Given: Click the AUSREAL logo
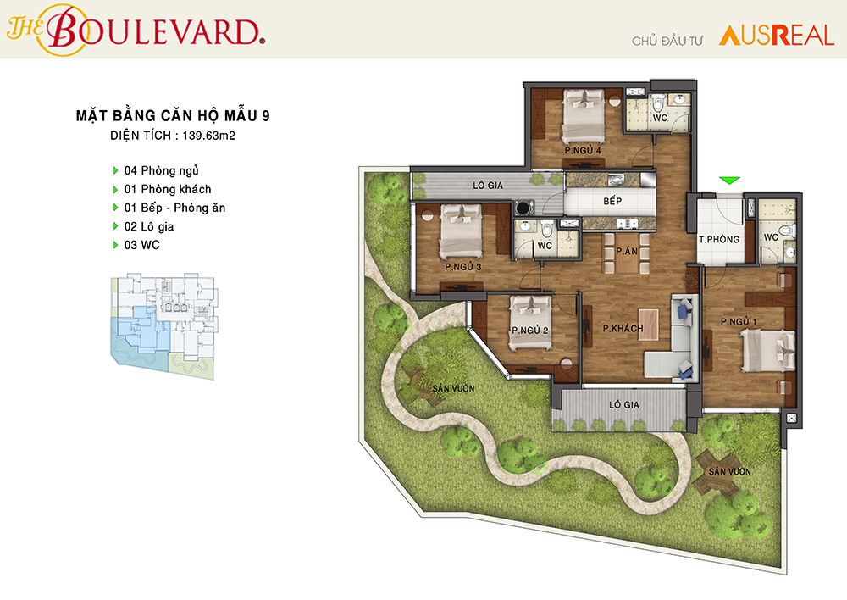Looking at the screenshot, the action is click(776, 36).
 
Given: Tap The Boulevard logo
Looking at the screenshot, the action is click(136, 30).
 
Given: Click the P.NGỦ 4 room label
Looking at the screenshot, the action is click(583, 150).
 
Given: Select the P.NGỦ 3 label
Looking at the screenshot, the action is click(463, 266).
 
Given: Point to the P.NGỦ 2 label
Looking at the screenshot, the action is click(530, 330).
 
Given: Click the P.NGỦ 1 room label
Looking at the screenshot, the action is click(739, 322).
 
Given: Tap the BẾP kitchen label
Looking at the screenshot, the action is click(612, 201).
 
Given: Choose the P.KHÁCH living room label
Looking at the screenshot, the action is click(623, 328).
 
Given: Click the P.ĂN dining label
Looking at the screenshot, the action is click(627, 251).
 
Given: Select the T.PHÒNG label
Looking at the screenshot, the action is click(719, 240).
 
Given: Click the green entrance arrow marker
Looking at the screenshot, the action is click(729, 181).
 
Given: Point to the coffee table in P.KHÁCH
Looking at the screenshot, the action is click(648, 325).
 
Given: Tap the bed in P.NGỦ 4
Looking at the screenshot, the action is click(584, 116).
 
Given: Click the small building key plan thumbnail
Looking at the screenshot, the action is click(164, 326).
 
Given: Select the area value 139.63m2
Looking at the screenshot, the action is click(208, 136).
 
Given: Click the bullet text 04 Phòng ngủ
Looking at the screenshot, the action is click(162, 171).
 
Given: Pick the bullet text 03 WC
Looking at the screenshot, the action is click(142, 245).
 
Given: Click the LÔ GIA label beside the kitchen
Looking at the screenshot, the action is click(488, 186).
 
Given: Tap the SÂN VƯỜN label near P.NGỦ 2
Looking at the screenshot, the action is click(453, 388).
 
